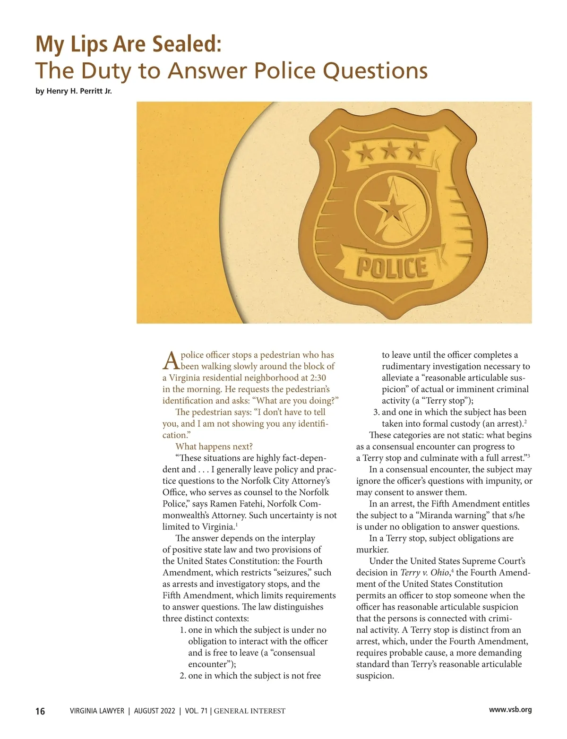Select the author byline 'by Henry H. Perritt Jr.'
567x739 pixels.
click(x=74, y=91)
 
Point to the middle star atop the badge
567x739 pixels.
click(x=391, y=152)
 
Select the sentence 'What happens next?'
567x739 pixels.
click(x=214, y=447)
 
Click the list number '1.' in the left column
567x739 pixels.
click(x=183, y=630)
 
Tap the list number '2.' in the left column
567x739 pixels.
click(x=183, y=676)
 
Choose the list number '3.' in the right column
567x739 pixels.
click(x=377, y=412)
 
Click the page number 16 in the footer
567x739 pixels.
click(x=40, y=711)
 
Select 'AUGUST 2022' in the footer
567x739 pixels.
click(x=155, y=711)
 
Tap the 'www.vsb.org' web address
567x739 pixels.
click(x=510, y=710)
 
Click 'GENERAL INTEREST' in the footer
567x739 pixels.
click(x=249, y=711)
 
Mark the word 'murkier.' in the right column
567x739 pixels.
click(x=372, y=550)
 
